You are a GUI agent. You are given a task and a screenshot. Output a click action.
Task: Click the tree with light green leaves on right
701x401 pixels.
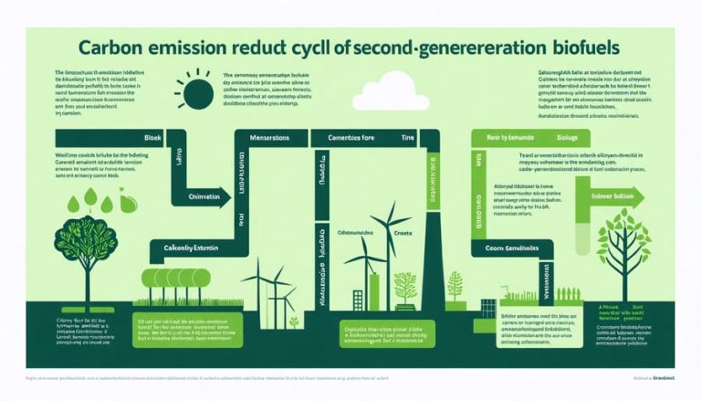pyautogui.click(x=625, y=247)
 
